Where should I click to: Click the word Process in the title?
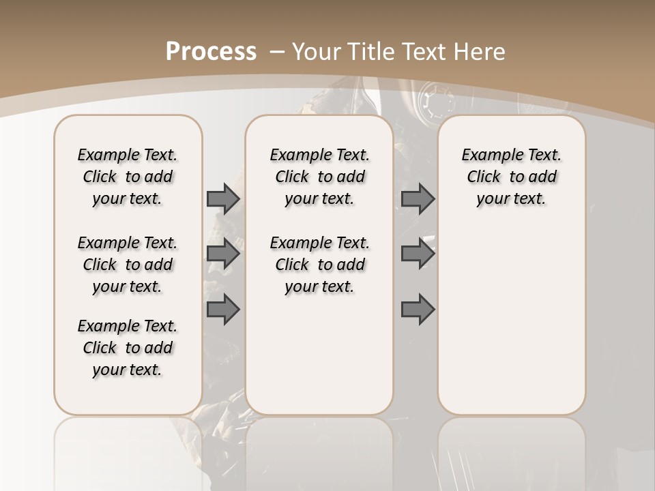(211, 51)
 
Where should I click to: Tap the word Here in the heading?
(480, 51)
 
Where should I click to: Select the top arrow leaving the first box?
(223, 198)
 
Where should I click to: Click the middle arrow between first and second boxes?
(223, 254)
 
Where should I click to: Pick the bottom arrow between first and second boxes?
(223, 310)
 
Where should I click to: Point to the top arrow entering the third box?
(418, 198)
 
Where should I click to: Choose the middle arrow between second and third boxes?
(418, 254)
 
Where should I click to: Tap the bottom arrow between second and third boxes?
(418, 310)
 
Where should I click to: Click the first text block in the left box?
(128, 177)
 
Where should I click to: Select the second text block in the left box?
(128, 265)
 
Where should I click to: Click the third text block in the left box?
(128, 348)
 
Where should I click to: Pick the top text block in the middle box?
(319, 177)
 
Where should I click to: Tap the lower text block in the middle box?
(319, 265)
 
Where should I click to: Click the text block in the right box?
(511, 177)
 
